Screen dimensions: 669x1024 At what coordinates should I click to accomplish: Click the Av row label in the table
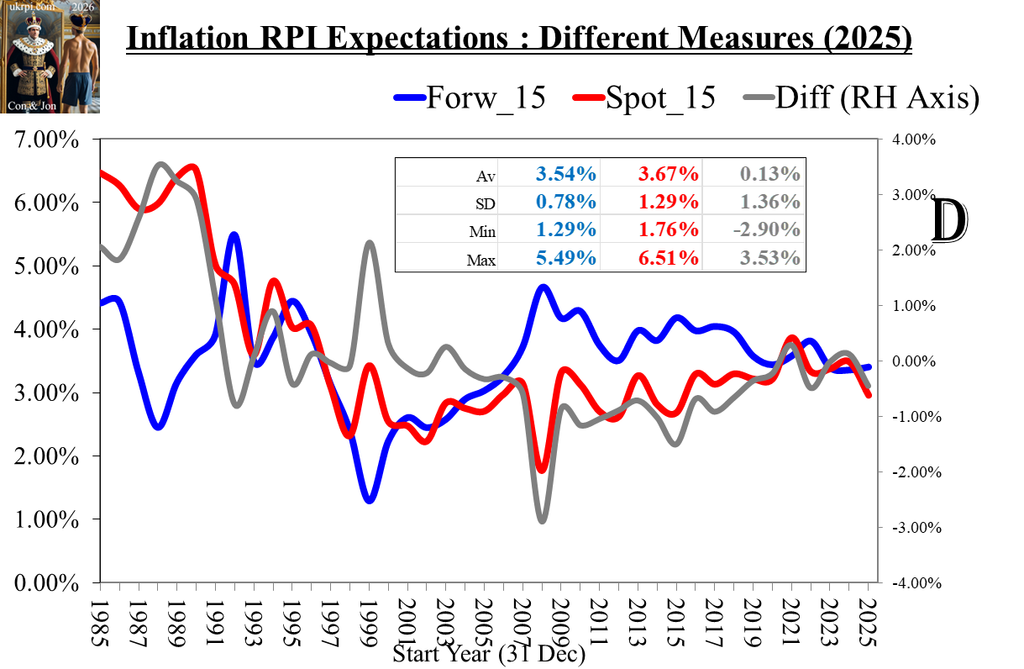point(486,176)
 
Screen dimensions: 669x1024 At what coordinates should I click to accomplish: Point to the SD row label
point(485,203)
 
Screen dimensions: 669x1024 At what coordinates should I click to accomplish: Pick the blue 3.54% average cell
point(566,174)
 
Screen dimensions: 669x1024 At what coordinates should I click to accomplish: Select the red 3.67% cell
point(668,174)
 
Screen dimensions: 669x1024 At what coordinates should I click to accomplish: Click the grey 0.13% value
point(769,174)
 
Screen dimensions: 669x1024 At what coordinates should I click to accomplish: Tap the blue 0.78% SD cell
point(566,202)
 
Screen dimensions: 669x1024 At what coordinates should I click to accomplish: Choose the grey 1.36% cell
point(769,202)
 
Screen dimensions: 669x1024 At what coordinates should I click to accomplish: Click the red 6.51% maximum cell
point(668,257)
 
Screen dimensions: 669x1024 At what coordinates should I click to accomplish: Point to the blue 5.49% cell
point(566,257)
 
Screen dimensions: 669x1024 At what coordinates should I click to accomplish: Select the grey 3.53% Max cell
point(769,257)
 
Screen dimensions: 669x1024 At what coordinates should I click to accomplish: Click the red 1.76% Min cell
point(668,229)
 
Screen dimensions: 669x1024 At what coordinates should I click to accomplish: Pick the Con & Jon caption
point(30,106)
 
